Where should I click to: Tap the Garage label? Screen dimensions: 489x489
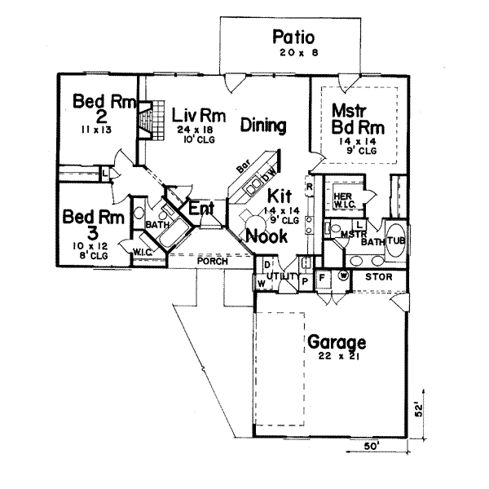336,342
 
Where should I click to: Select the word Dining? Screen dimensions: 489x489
263,126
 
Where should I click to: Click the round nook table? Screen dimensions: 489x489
247,214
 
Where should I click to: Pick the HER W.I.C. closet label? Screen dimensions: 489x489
342,197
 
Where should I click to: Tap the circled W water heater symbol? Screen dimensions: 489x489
343,276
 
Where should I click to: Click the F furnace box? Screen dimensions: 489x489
322,277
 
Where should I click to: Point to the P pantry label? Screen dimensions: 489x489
306,280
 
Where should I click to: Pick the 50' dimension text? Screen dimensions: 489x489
372,447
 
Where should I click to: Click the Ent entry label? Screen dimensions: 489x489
200,209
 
